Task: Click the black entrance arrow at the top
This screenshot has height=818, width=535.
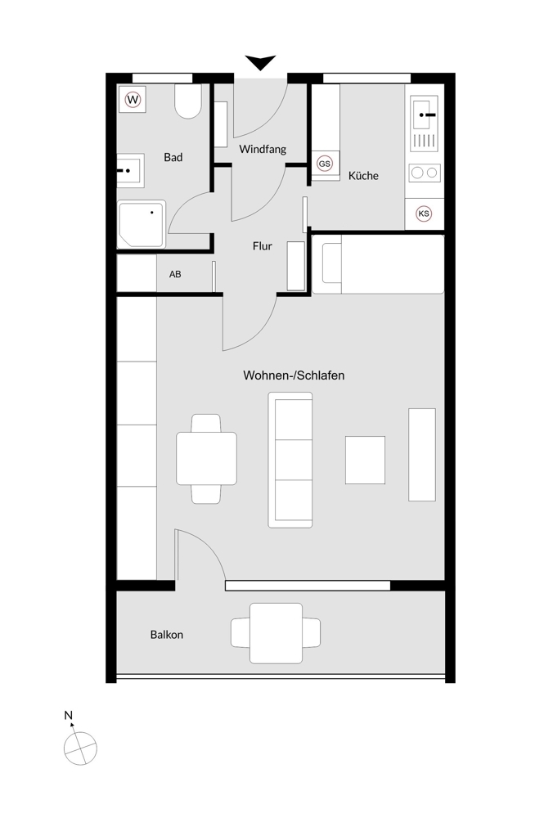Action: pos(260,62)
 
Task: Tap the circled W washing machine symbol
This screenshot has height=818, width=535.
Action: pos(133,99)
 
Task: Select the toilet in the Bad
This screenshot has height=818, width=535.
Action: pos(188,101)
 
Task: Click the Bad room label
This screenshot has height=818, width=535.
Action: pos(173,157)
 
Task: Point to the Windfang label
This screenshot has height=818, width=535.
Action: pos(263,149)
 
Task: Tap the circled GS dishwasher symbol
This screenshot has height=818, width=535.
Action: pos(325,164)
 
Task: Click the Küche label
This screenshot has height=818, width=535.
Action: pos(363,176)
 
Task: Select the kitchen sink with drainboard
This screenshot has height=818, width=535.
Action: pos(424,124)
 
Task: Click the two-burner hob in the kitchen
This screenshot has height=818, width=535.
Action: pos(425,173)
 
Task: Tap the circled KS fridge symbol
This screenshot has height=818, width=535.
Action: pos(424,213)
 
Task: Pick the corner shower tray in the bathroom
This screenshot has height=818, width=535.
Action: pos(142,224)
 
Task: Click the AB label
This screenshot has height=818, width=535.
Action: pos(175,274)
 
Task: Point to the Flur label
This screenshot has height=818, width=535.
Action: pos(262,245)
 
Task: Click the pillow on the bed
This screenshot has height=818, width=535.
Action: pos(331,263)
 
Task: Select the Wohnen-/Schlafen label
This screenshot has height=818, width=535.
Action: pos(294,375)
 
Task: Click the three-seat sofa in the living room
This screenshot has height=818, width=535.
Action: pos(290,460)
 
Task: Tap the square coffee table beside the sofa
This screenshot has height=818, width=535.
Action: pos(365,460)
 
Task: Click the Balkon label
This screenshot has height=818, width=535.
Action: pos(167,635)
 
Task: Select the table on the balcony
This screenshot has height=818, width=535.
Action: pos(276,633)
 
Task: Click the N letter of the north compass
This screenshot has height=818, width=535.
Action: pos(68,715)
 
